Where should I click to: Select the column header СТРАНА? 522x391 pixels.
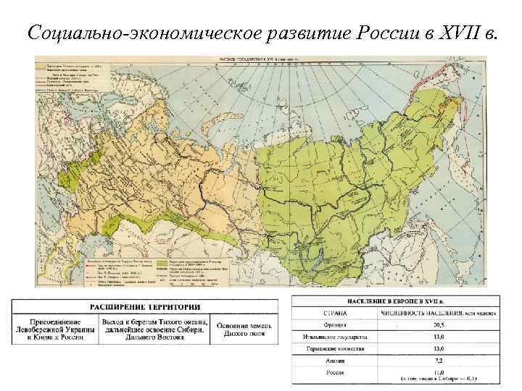click(335, 313)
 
